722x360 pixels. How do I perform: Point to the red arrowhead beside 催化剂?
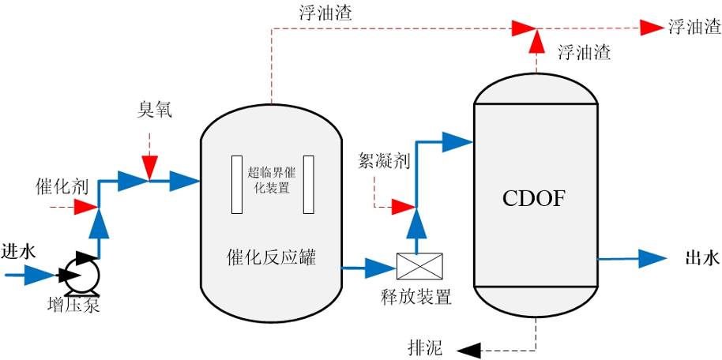click(84, 208)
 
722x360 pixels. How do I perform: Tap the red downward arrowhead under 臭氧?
click(149, 169)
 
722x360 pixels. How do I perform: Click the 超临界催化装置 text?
click(269, 180)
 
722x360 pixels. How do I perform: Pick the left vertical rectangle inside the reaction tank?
click(237, 185)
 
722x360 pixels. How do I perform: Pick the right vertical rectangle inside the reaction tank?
click(308, 185)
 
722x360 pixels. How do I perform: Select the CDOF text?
click(534, 198)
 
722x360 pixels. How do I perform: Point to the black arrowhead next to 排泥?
click(471, 349)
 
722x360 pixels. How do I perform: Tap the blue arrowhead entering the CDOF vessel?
click(456, 142)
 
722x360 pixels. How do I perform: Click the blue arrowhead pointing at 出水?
click(652, 258)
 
